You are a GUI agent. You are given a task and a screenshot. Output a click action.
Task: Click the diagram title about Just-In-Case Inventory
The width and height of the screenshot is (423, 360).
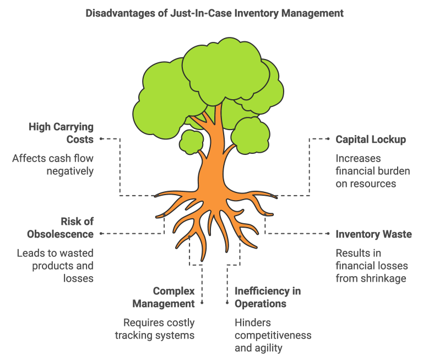214,13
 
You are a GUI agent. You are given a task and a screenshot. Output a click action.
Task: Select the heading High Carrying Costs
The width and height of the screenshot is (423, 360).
61,133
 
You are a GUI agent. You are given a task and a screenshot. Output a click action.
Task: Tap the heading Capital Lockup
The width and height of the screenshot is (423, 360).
371,139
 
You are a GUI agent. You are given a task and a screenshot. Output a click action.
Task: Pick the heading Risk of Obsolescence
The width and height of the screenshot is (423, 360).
60,228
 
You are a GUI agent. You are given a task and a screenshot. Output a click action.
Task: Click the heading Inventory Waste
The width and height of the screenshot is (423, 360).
373,234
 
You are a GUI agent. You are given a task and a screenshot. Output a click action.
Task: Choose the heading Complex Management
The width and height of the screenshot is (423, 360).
164,297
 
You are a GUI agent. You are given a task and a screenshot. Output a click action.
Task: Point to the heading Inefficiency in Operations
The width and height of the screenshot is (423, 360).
268,297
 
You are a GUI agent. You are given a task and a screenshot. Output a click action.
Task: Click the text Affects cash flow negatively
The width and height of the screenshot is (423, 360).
53,164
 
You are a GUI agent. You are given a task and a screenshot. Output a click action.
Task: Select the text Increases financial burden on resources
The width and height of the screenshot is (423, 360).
373,171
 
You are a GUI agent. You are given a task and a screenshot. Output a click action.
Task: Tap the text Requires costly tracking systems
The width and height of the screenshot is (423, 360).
155,329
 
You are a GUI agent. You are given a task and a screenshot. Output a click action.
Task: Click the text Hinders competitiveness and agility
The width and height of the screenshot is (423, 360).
273,335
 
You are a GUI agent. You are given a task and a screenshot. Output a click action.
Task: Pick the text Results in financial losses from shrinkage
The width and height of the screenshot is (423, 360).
372,266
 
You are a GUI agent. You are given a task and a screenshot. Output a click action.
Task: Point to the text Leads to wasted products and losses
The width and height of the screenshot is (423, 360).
55,266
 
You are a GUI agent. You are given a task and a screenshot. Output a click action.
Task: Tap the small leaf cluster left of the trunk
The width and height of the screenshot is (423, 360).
192,142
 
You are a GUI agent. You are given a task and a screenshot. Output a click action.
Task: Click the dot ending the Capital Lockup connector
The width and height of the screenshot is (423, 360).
328,139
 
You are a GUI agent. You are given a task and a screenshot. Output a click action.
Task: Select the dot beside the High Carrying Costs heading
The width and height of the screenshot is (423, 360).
101,139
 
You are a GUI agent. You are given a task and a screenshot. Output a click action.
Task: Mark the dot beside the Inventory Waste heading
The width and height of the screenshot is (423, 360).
328,234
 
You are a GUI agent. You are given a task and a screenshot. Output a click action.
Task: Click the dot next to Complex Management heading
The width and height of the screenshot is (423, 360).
202,303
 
